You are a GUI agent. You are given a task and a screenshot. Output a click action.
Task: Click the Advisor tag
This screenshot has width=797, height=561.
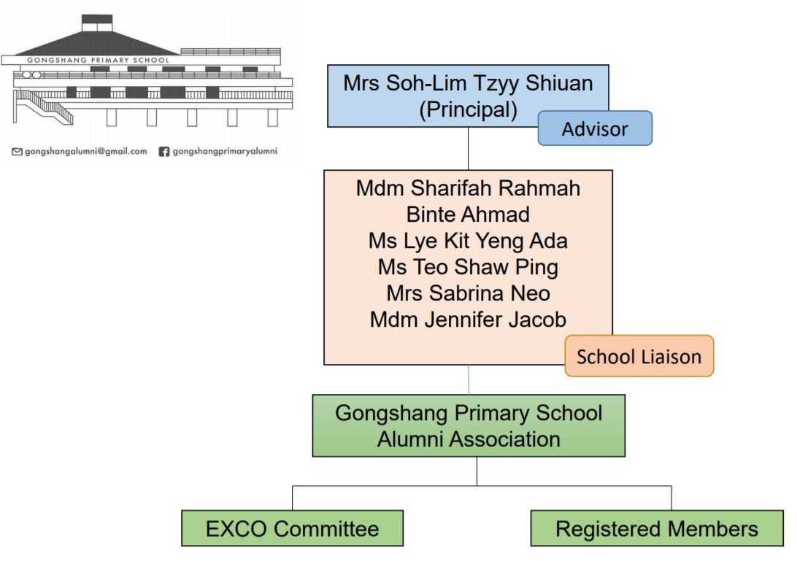[595, 128]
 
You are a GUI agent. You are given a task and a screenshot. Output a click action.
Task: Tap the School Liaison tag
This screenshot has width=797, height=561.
[639, 356]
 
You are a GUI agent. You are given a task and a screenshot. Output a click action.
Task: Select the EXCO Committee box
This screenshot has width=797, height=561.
[292, 528]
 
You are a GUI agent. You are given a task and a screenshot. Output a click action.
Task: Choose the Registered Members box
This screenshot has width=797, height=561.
[657, 528]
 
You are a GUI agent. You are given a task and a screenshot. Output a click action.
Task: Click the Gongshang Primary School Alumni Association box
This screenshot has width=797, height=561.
[469, 426]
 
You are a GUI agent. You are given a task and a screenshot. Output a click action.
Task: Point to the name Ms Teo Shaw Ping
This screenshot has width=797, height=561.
[468, 267]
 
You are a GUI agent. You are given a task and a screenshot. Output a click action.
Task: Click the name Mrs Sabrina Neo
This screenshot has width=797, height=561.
[468, 293]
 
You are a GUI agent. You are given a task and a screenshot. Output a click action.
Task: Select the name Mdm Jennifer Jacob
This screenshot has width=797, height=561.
[468, 320]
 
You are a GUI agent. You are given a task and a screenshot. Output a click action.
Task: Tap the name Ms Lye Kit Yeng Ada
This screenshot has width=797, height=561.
[468, 241]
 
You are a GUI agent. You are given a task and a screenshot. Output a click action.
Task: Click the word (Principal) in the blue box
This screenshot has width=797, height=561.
[468, 109]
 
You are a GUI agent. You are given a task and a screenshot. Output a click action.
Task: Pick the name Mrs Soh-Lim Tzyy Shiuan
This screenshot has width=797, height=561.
[468, 83]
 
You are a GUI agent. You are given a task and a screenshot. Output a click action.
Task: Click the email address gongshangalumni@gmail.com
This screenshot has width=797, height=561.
[86, 152]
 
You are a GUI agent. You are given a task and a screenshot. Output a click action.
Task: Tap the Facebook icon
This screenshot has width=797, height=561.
[163, 152]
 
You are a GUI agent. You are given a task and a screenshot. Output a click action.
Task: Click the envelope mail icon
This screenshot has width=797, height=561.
[17, 152]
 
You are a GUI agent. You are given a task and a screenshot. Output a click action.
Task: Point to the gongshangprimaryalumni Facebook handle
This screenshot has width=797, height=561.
[225, 152]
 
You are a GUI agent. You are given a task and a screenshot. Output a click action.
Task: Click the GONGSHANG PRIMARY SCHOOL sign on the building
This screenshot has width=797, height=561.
[98, 60]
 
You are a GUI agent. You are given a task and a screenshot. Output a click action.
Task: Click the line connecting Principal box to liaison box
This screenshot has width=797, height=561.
[468, 148]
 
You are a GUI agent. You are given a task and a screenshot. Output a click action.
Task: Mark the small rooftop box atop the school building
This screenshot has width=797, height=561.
[96, 23]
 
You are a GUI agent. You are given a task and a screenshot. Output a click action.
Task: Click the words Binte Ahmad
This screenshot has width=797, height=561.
[468, 214]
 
